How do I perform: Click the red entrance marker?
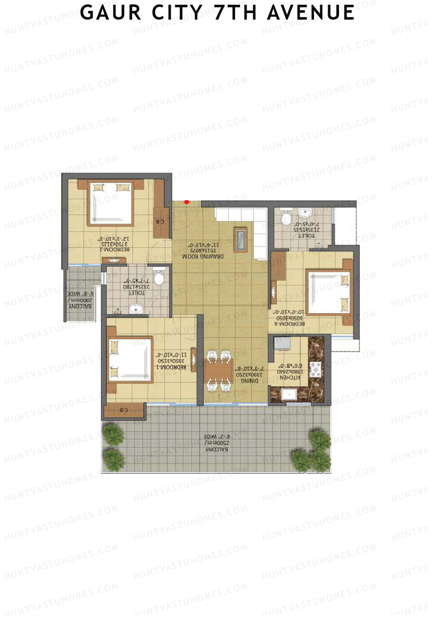tap(186, 202)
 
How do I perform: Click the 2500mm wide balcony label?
tap(217, 443)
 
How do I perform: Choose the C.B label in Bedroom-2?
tap(160, 221)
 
